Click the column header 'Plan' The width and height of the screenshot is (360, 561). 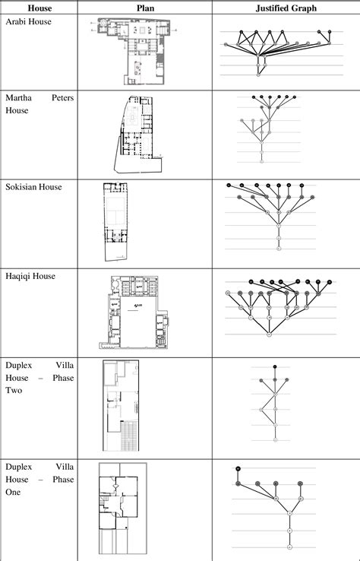145,8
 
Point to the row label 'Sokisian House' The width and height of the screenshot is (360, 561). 34,186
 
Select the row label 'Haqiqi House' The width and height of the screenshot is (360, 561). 30,275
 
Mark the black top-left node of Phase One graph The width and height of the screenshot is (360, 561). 238,468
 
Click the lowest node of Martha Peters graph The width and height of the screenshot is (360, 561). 261,161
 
